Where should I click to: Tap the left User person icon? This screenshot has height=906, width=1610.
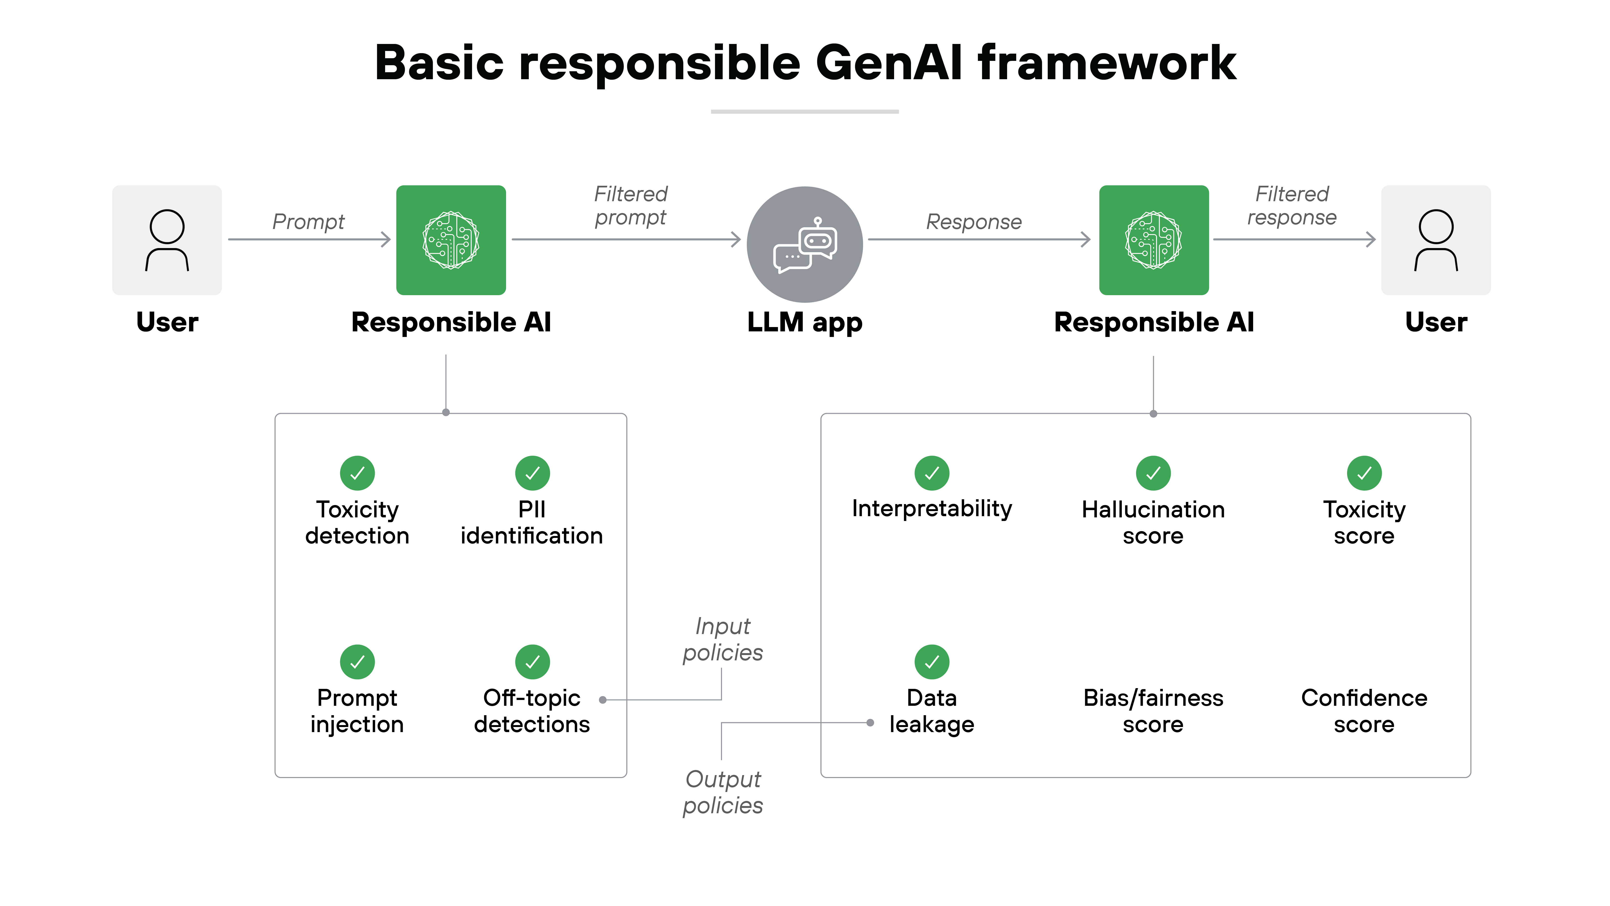167,240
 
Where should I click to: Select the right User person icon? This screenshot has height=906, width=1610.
1436,240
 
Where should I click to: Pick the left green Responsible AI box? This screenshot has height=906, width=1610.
451,240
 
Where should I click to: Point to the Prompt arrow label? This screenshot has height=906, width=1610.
308,221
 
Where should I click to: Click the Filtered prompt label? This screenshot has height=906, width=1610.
631,205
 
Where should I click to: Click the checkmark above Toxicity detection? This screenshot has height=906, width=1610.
357,473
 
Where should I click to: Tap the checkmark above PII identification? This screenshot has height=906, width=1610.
532,473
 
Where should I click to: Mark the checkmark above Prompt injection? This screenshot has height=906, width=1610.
357,662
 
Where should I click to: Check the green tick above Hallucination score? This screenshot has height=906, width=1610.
1153,473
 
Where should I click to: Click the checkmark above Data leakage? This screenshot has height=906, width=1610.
931,662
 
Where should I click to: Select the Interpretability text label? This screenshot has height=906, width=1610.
931,509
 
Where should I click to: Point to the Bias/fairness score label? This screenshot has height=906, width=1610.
1153,711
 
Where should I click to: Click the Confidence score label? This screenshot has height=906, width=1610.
1364,711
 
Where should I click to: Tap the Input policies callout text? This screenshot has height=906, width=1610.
722,639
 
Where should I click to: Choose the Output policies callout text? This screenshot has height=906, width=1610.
722,792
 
